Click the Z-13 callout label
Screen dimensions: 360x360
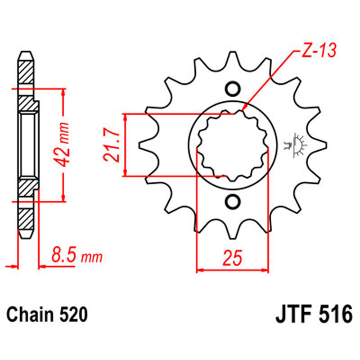point(318,51)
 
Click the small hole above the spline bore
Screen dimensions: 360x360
point(233,89)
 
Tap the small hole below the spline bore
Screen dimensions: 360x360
point(233,202)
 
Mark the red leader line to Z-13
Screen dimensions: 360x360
point(270,79)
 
